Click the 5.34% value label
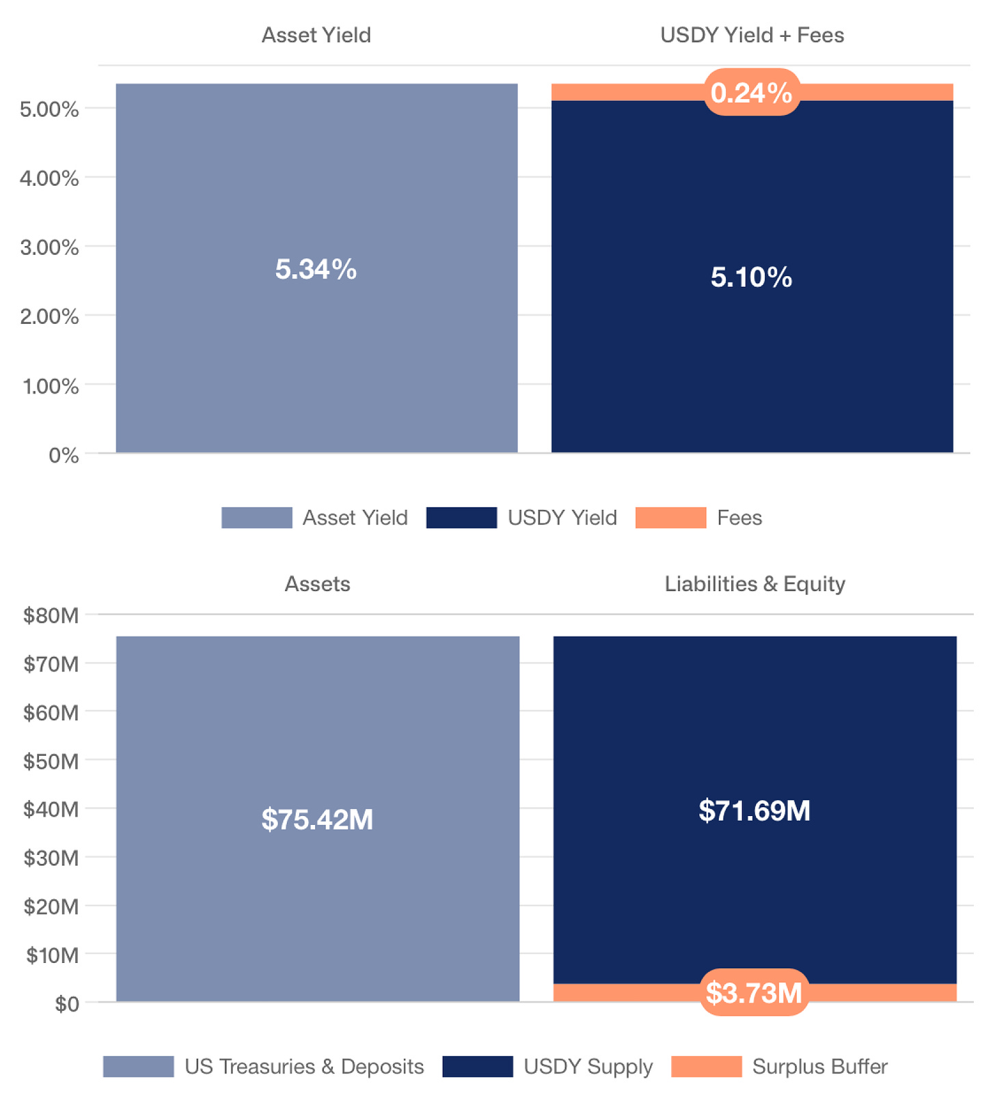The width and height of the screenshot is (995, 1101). pyautogui.click(x=316, y=269)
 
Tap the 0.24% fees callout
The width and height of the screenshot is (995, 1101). pyautogui.click(x=751, y=92)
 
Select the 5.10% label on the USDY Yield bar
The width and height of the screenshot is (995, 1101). pyautogui.click(x=751, y=277)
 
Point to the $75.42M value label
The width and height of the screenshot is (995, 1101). pyautogui.click(x=317, y=819)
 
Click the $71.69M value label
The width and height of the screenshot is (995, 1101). pyautogui.click(x=754, y=811)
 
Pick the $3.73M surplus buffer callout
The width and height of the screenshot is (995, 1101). pyautogui.click(x=754, y=992)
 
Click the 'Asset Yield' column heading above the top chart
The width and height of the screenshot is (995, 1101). pyautogui.click(x=316, y=35)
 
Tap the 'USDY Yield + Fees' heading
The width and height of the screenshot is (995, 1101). pyautogui.click(x=752, y=35)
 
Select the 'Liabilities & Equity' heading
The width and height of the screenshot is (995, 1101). pyautogui.click(x=754, y=584)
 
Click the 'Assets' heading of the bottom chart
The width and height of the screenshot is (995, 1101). pyautogui.click(x=317, y=584)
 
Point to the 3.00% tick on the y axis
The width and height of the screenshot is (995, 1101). pyautogui.click(x=49, y=247)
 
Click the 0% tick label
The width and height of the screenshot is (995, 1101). pyautogui.click(x=64, y=455)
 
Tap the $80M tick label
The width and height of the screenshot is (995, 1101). pyautogui.click(x=51, y=615)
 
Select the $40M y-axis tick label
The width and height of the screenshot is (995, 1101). pyautogui.click(x=51, y=809)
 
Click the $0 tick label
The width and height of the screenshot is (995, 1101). pyautogui.click(x=67, y=1004)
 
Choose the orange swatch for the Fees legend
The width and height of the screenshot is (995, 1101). pyautogui.click(x=670, y=517)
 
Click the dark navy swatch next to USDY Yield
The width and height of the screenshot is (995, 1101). pyautogui.click(x=461, y=517)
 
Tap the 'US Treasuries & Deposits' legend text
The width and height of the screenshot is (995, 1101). pyautogui.click(x=304, y=1066)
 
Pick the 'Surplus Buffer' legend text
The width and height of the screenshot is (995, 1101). pyautogui.click(x=819, y=1066)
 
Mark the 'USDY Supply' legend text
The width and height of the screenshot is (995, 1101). pyautogui.click(x=588, y=1066)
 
